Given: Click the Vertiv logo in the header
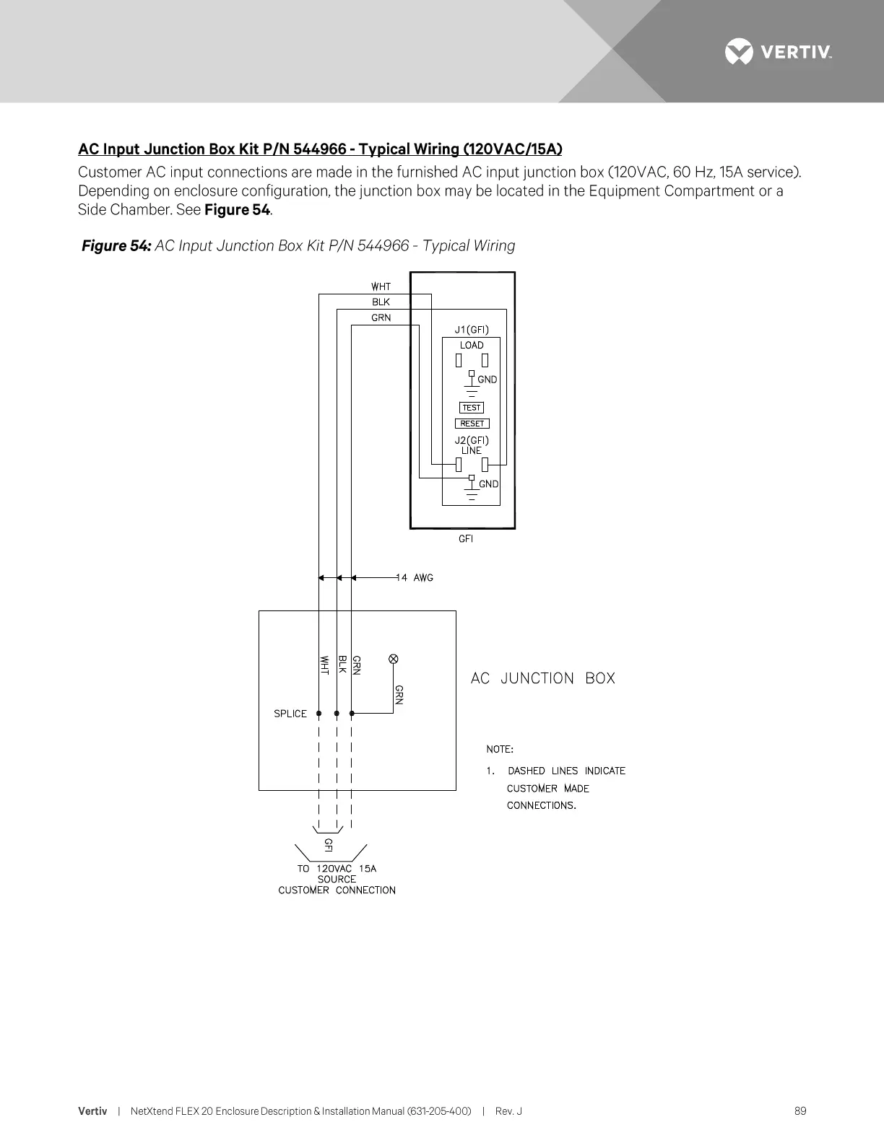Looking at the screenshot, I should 778,52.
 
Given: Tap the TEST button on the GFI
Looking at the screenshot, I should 472,408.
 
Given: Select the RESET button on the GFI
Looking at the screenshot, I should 472,424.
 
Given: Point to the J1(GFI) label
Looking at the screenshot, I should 472,330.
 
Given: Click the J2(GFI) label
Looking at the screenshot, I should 472,440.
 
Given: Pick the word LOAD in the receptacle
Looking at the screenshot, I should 472,345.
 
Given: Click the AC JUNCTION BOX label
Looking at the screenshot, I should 542,678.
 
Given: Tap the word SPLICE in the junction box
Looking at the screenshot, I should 290,714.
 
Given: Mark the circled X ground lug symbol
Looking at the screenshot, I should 394,658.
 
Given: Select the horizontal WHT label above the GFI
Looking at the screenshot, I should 381,286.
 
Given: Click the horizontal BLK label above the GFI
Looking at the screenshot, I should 381,302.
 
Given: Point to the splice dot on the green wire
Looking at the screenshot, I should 352,714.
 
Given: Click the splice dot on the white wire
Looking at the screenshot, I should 318,714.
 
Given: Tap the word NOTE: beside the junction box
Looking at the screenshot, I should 500,749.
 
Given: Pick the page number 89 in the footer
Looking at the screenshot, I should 800,1111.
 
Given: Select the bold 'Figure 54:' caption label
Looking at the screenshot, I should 116,246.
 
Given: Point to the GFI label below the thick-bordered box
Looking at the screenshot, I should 466,539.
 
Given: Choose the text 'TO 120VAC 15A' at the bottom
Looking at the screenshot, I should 337,868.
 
